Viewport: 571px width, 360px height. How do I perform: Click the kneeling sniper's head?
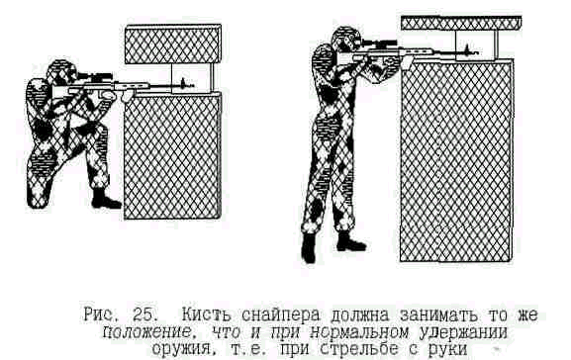(x=62, y=73)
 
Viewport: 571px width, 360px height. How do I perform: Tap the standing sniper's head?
(x=345, y=39)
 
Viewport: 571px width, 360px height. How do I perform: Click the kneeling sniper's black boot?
(x=105, y=199)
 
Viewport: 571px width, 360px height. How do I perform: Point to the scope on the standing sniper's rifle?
(x=379, y=45)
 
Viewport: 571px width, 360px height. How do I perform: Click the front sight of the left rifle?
(x=183, y=83)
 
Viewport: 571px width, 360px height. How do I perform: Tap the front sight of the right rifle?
(x=466, y=48)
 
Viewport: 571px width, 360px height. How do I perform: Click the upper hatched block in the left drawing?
(x=173, y=45)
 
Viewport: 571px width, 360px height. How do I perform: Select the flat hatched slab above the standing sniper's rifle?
(x=461, y=23)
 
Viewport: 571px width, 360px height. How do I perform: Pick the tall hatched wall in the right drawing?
(x=456, y=161)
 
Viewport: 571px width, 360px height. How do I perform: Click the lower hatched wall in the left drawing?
(x=172, y=155)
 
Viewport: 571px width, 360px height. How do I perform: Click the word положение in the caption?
(x=146, y=332)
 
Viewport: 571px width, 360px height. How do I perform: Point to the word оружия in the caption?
(x=180, y=349)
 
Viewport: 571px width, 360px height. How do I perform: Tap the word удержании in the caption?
(x=463, y=332)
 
